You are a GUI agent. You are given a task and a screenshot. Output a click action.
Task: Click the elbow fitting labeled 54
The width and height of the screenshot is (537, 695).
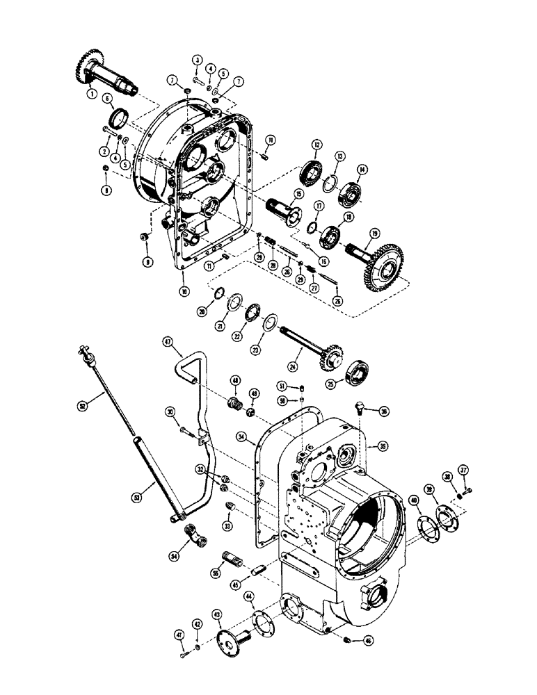pos(196,534)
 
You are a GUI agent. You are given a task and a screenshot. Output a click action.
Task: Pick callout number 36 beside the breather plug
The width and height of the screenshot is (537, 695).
pos(383,411)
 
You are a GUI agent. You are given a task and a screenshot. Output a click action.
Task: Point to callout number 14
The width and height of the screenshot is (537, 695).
pos(362,169)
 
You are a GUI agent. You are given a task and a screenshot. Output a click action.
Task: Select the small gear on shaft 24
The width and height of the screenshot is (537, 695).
pos(330,359)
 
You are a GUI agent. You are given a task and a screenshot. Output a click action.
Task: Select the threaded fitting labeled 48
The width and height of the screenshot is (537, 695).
pos(236,403)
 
